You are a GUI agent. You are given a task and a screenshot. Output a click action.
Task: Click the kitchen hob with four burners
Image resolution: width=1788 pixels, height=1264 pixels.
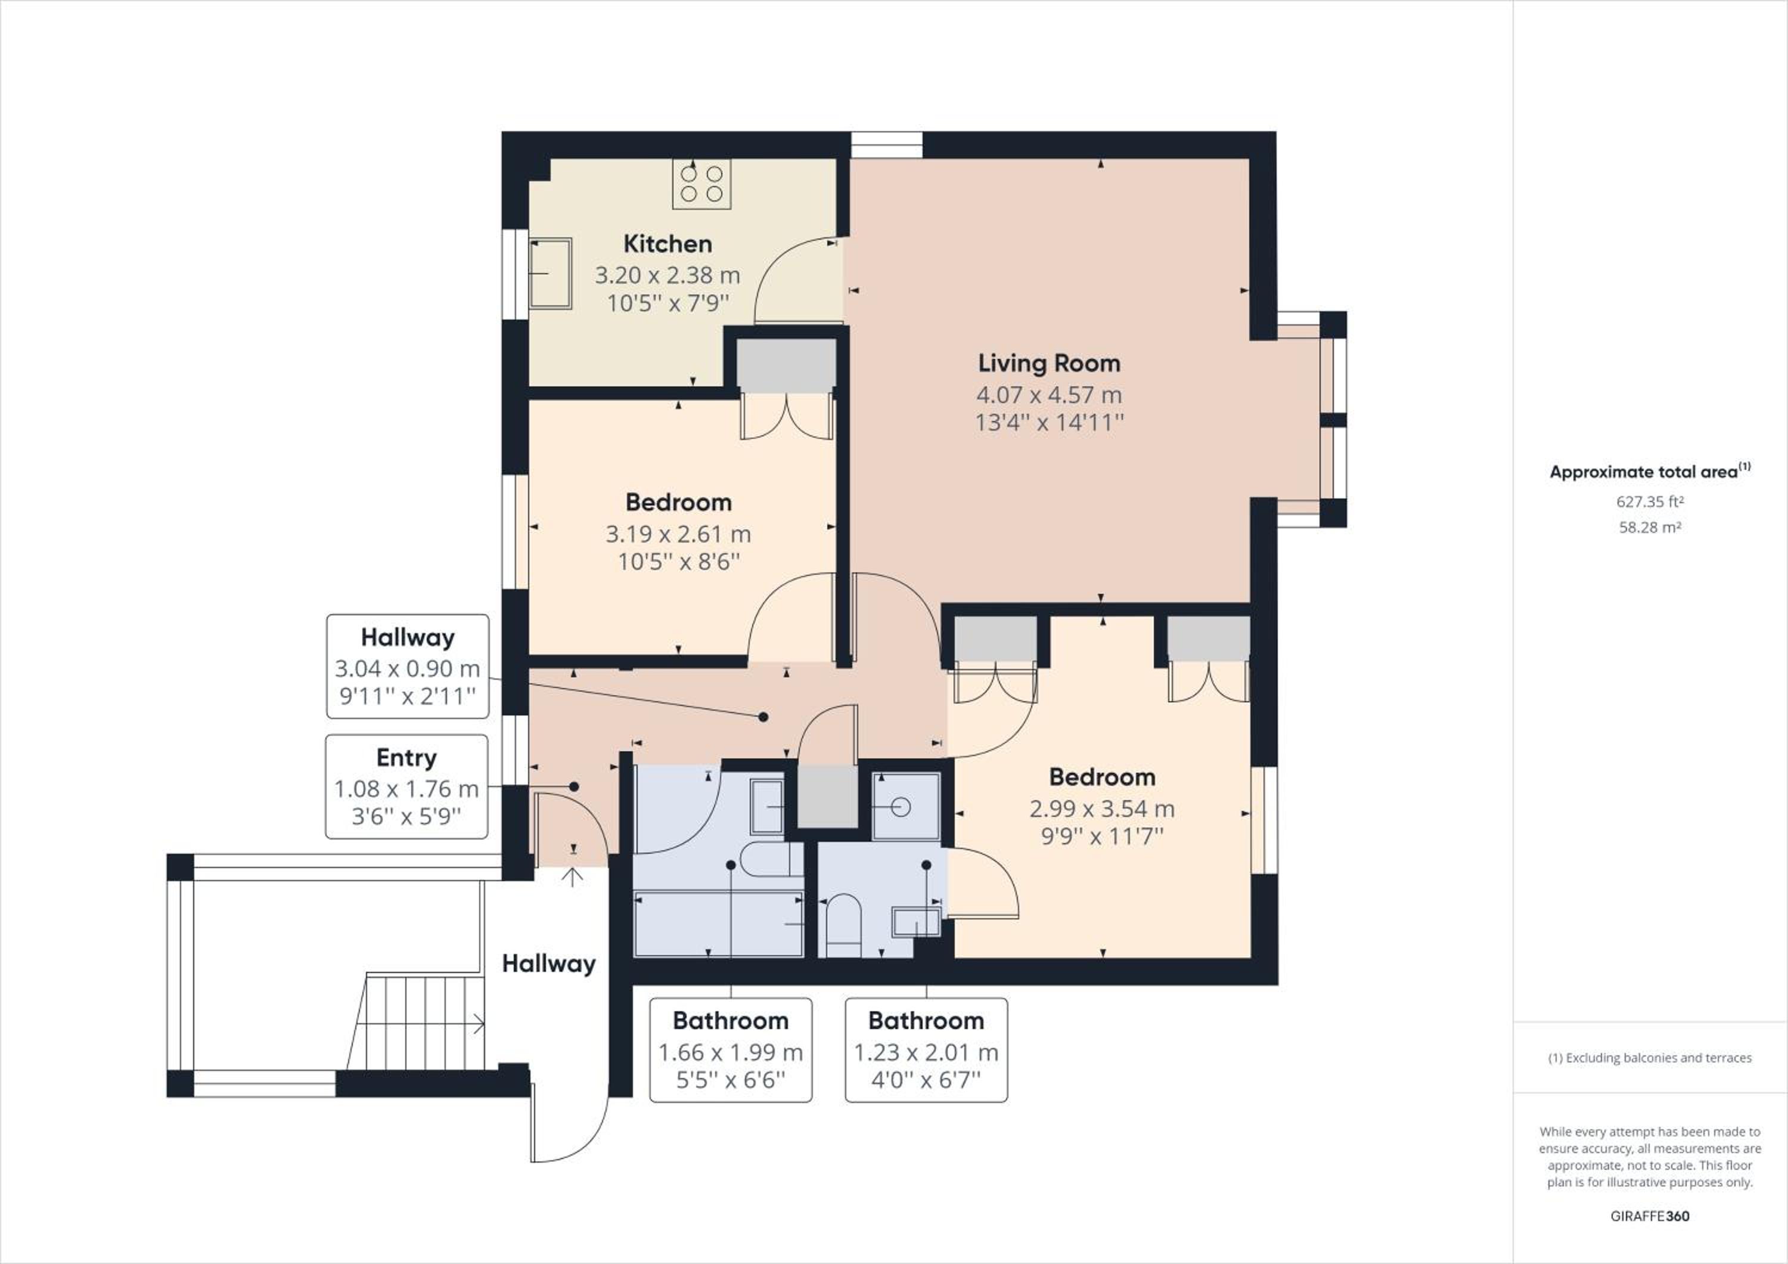tap(701, 184)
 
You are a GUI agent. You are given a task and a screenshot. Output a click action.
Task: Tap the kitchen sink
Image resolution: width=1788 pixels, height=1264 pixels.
tap(551, 273)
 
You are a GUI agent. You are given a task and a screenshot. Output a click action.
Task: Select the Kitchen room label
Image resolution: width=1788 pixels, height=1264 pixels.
tap(668, 244)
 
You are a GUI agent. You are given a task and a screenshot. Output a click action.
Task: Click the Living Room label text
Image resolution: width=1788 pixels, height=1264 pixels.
tap(1049, 363)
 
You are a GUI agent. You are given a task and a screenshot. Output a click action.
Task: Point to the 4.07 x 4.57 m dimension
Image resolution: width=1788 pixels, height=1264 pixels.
tap(1049, 395)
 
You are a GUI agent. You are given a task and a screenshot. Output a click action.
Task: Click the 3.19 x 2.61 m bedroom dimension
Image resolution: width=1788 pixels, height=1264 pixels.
tap(678, 534)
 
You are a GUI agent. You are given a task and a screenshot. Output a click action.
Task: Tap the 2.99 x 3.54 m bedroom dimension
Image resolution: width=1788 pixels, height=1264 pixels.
tap(1102, 809)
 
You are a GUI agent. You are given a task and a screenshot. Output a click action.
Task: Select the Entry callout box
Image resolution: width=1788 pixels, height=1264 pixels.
tap(406, 786)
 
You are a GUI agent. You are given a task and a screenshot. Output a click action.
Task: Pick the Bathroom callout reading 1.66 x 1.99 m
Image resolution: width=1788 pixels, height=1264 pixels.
tap(731, 1050)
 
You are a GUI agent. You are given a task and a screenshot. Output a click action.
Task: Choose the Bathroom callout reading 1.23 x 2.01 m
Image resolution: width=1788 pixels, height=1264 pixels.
tap(926, 1050)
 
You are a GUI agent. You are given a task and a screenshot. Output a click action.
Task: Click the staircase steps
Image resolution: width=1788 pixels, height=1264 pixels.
tap(416, 1021)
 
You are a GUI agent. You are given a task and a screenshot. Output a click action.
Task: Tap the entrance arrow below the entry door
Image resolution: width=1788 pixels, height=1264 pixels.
tap(572, 877)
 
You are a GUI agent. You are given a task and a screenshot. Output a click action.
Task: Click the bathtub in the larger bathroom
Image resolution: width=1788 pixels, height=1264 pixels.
tap(718, 924)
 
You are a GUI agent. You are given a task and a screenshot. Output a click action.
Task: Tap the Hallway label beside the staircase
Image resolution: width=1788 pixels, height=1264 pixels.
tap(548, 964)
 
